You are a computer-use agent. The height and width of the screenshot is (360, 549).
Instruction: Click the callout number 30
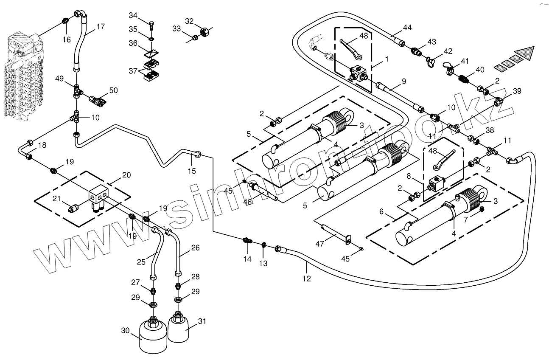(x=125, y=331)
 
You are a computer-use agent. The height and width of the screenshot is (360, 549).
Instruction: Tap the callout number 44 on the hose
(x=407, y=28)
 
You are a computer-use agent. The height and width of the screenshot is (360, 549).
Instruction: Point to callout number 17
(x=101, y=27)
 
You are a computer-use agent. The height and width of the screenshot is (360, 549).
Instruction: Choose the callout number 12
(x=307, y=278)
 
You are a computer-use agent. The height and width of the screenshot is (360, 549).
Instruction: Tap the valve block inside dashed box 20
(x=98, y=197)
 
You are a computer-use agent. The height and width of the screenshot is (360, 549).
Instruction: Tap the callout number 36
(x=133, y=43)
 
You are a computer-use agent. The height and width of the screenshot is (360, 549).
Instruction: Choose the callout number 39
(x=517, y=91)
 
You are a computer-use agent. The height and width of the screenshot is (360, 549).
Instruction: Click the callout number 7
(x=466, y=219)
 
